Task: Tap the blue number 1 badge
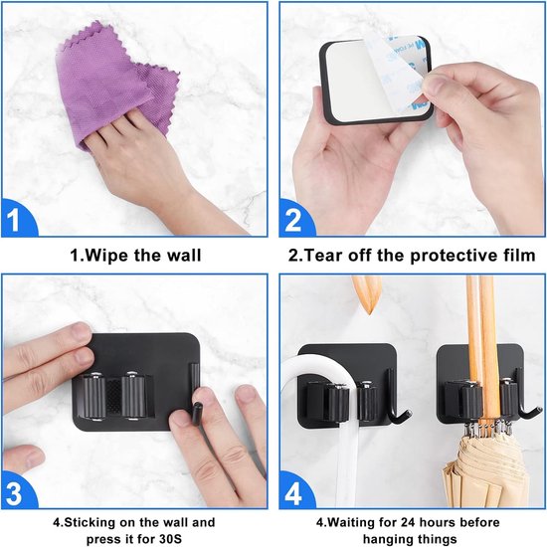[x=17, y=219]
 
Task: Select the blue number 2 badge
[x=293, y=219]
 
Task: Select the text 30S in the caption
[x=171, y=539]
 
